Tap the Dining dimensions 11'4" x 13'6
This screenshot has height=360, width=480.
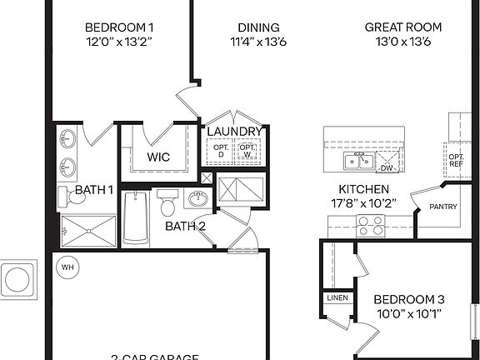click(258, 42)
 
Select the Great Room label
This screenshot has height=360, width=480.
click(402, 27)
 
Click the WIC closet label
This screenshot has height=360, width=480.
click(159, 157)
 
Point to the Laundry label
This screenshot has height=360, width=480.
click(235, 132)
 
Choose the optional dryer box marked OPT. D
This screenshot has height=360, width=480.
click(221, 150)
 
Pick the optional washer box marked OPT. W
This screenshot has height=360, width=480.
click(247, 150)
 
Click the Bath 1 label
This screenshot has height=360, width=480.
click(94, 190)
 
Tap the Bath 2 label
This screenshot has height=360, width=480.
click(186, 226)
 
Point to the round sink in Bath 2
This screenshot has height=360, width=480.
click(198, 200)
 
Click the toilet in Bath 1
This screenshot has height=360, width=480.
click(67, 197)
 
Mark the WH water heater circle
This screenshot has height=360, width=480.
click(67, 267)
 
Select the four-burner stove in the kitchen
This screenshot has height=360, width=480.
click(370, 224)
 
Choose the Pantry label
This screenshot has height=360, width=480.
click(442, 207)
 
